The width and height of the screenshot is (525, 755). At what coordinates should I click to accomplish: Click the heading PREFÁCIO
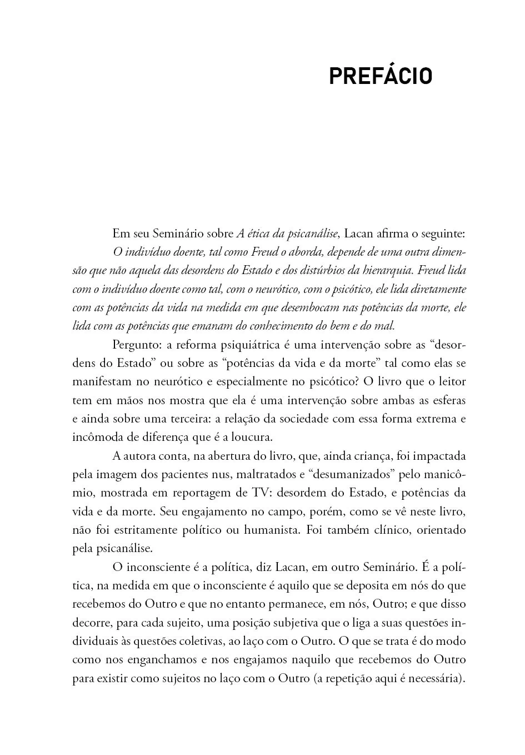tap(381, 77)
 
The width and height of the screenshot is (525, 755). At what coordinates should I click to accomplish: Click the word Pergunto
tap(135, 345)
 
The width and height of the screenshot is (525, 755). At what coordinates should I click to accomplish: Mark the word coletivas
tap(202, 641)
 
